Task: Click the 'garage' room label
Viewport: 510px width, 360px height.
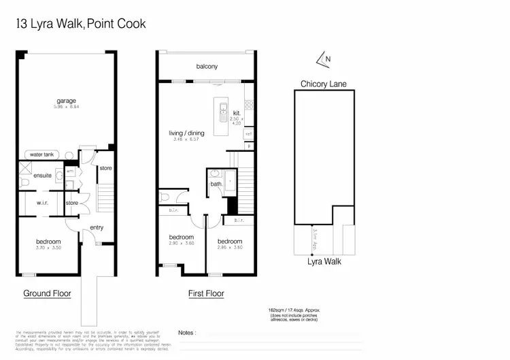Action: click(x=66, y=101)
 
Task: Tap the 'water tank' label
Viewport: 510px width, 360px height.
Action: click(x=41, y=154)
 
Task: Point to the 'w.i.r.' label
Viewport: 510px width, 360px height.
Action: click(x=37, y=202)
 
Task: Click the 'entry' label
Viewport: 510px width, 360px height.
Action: click(x=97, y=227)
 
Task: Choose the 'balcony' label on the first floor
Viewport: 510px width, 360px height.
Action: click(x=207, y=66)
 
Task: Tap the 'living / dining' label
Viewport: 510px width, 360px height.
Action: click(x=187, y=133)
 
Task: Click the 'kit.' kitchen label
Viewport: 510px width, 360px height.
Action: click(x=237, y=113)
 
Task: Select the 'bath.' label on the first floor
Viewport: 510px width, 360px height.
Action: click(x=216, y=184)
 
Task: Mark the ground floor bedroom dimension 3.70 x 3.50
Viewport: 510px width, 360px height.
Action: click(x=48, y=248)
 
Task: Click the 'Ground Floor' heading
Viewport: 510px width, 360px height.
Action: click(x=48, y=293)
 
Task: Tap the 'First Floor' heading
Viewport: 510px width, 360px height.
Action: click(x=206, y=293)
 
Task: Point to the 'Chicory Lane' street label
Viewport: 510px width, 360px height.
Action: click(x=324, y=84)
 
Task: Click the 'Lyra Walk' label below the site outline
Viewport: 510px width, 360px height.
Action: click(x=324, y=261)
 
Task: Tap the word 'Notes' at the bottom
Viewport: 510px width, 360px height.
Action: click(x=186, y=333)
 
